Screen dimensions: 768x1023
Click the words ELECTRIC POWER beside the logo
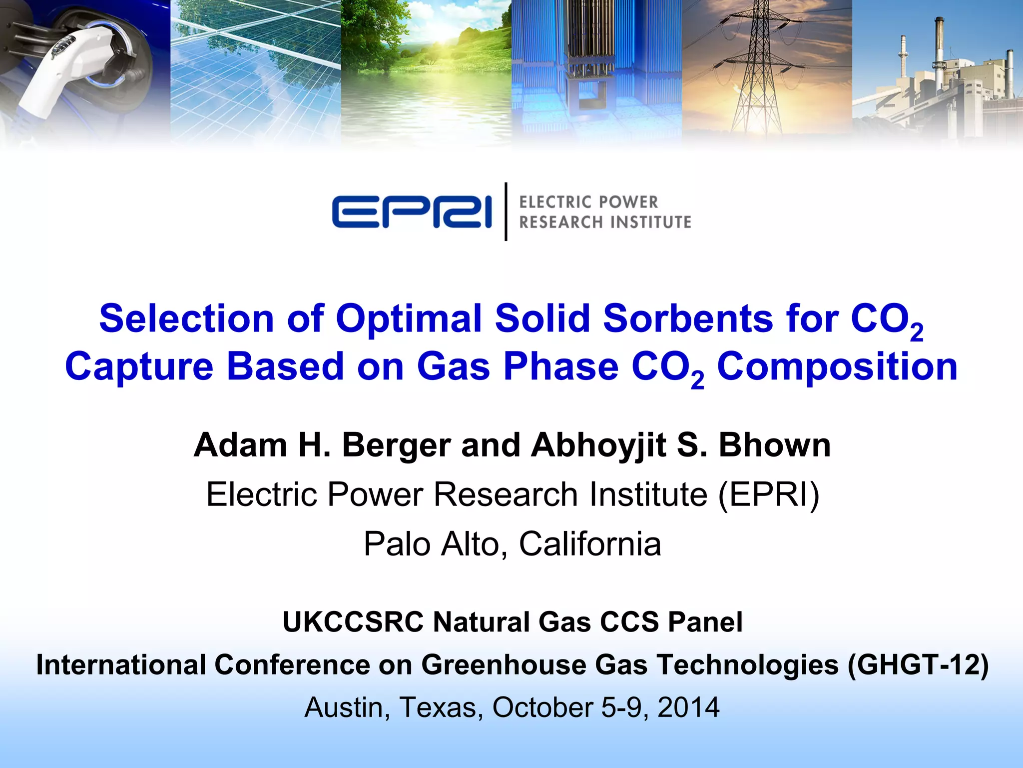(588, 202)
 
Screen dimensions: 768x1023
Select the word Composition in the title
(837, 366)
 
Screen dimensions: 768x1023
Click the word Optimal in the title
(409, 318)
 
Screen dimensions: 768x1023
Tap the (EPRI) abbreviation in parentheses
(768, 494)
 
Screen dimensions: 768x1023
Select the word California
(590, 543)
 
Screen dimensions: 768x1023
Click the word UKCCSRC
(353, 622)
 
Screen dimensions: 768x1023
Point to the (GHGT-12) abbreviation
(918, 665)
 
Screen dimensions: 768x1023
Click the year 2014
(688, 707)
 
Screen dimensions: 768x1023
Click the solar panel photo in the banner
(255, 70)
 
